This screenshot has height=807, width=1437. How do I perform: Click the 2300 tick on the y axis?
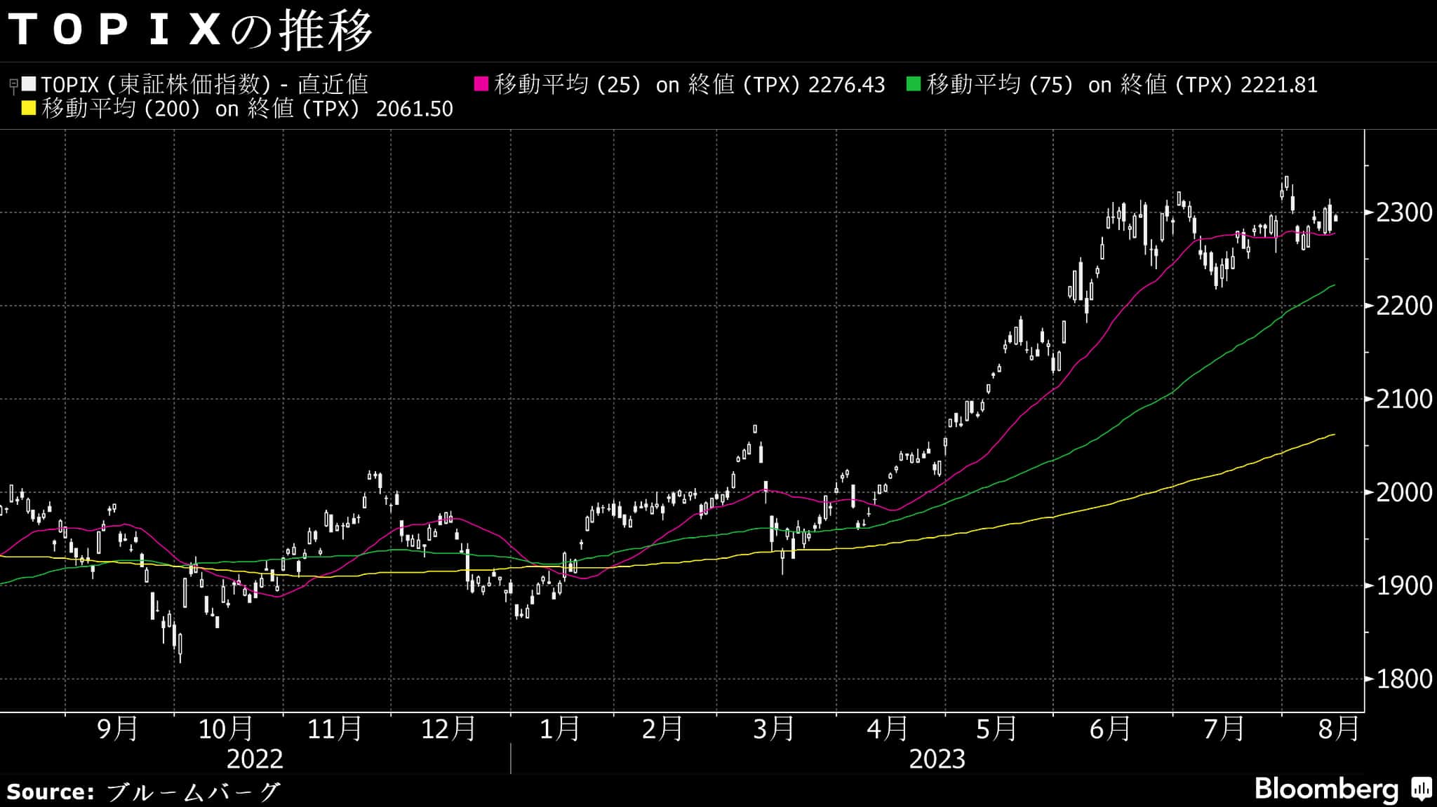[1404, 212]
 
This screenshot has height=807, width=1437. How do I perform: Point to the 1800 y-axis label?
[1404, 679]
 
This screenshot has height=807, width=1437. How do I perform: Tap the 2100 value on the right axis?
[1404, 399]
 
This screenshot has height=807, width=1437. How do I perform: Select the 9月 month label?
[117, 729]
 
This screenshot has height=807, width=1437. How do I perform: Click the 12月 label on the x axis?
[448, 729]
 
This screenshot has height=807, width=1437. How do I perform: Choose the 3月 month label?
[773, 729]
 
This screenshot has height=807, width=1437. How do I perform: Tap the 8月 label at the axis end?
[1339, 729]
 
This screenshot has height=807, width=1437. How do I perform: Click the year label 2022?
[255, 759]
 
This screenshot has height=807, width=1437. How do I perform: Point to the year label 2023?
[937, 759]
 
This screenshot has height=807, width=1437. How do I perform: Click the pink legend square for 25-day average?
[481, 84]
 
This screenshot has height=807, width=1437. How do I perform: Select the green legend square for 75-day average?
[914, 84]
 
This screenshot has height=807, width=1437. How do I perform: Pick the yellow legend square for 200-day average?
[29, 109]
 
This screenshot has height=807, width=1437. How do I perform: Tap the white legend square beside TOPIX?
[29, 84]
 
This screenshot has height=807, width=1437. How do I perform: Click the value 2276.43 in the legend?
[846, 85]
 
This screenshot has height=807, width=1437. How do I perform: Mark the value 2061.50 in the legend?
[414, 109]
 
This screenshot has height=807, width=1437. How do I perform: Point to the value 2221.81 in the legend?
[1278, 85]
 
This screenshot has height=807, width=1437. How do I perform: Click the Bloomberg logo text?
[1326, 789]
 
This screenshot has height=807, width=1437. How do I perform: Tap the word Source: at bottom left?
[51, 792]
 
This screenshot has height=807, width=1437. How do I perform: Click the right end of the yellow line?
[1334, 435]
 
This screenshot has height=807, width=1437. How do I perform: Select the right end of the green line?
[1334, 285]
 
